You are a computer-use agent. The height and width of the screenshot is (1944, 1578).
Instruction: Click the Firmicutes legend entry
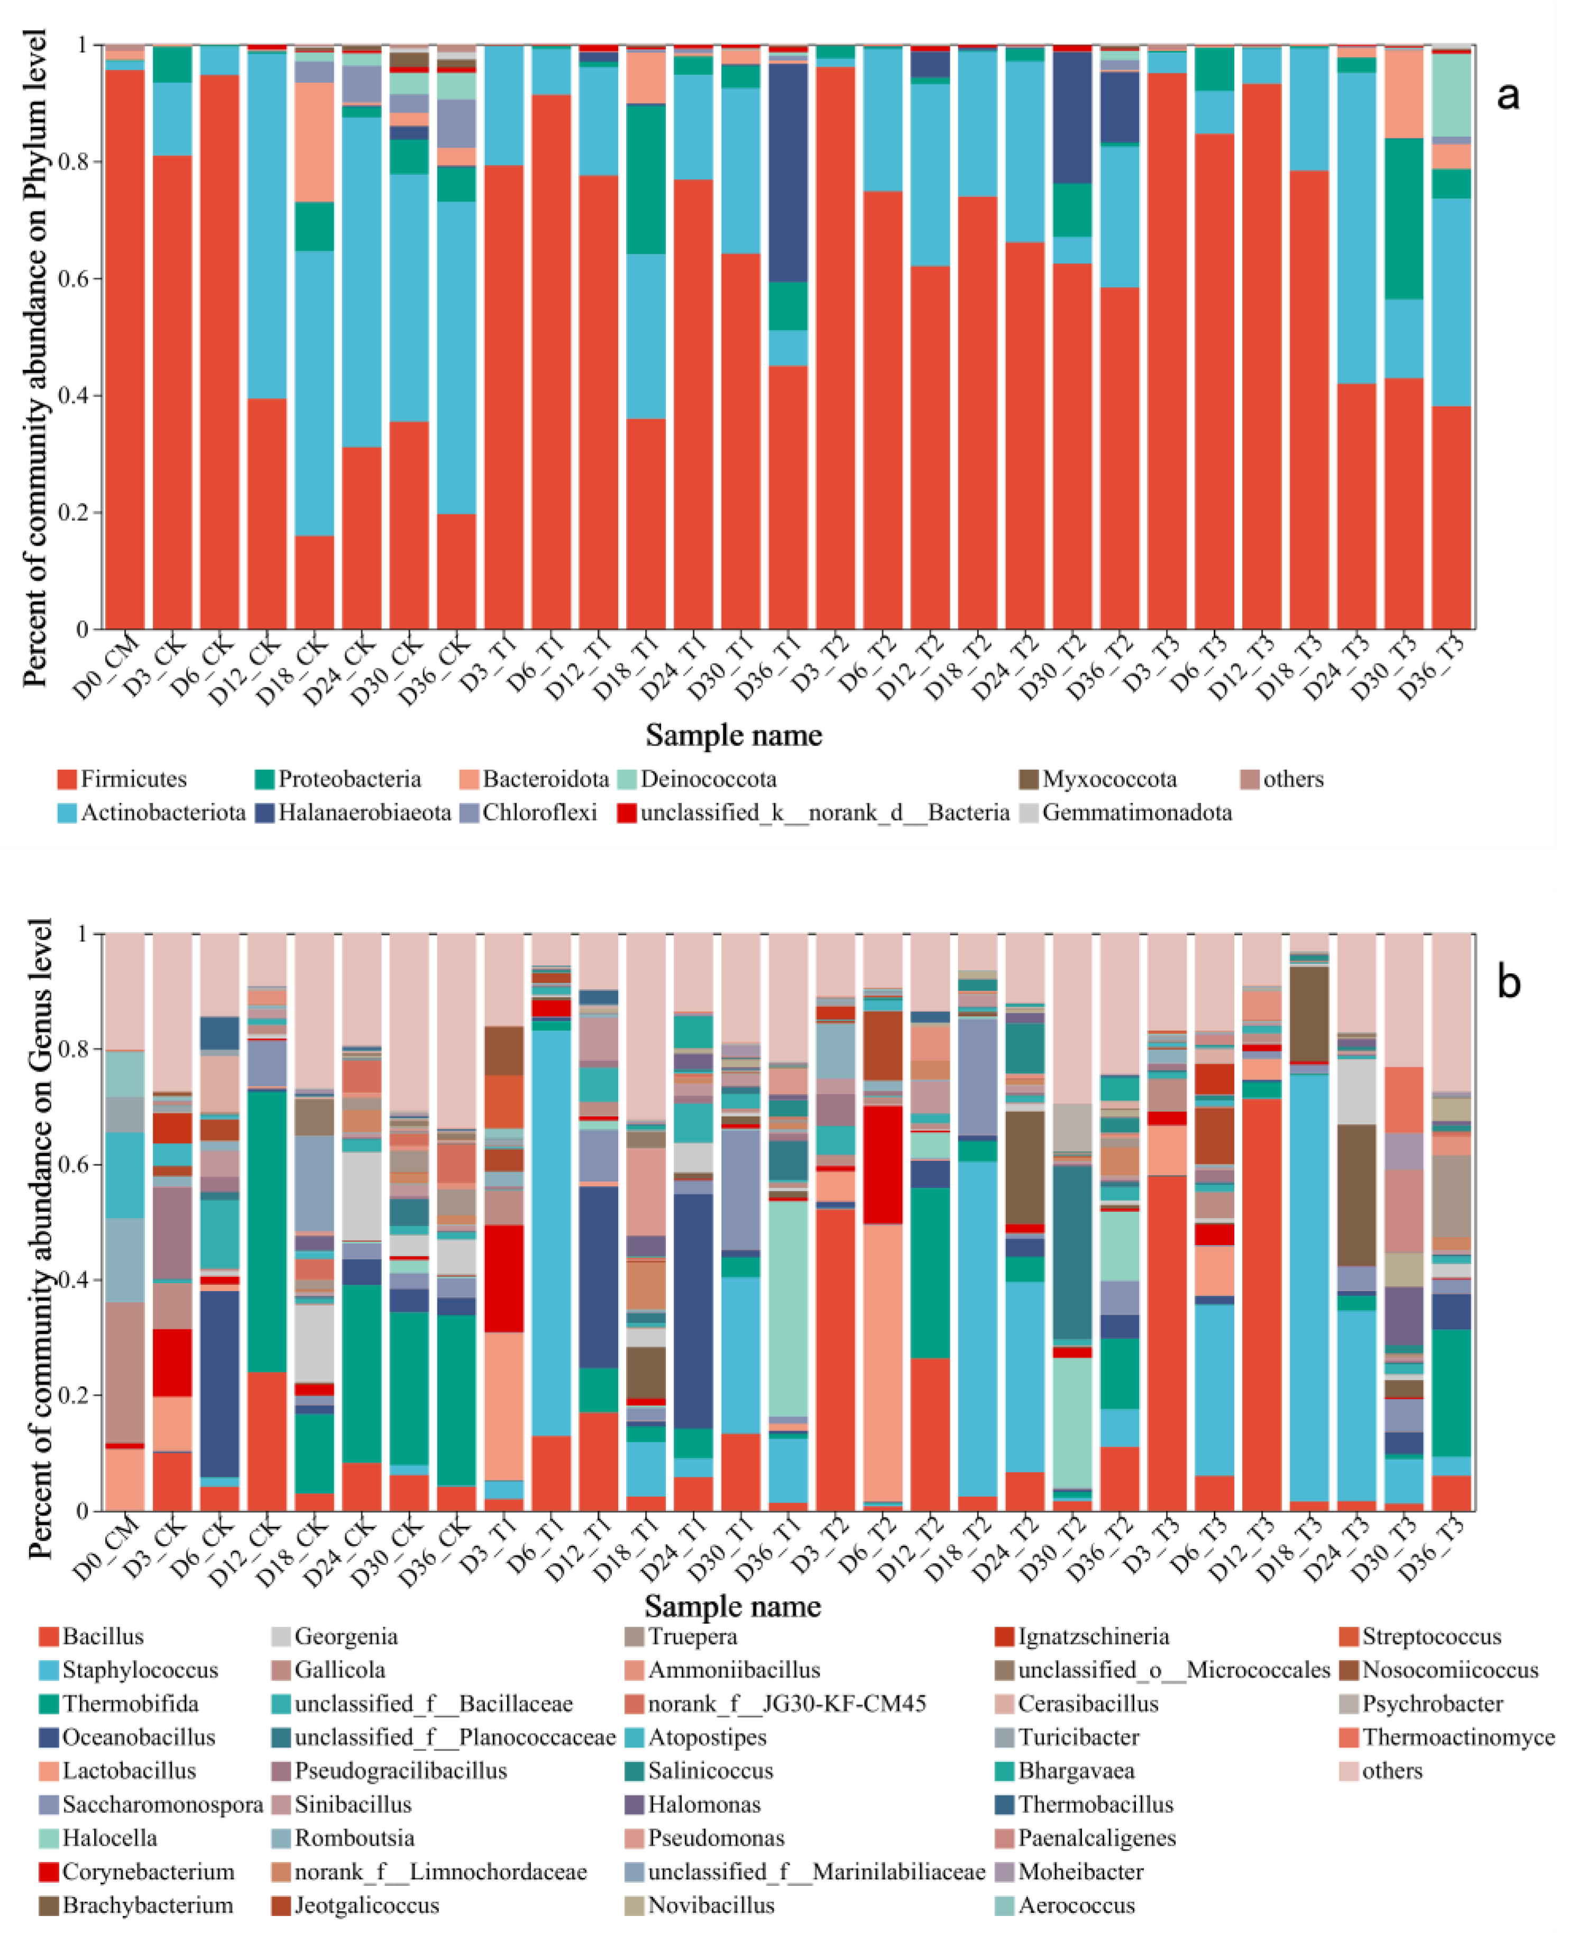point(121,779)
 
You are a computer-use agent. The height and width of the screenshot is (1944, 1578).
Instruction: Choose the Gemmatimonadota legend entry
point(1125,813)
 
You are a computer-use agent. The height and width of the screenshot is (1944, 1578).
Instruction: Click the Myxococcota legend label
point(1097,779)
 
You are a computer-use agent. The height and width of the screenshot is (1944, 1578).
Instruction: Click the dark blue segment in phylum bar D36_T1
point(788,173)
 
